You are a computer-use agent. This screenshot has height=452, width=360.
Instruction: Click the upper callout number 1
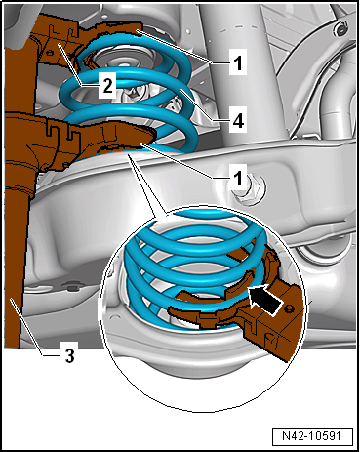click(238, 62)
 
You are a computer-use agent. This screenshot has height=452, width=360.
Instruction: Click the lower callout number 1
click(238, 178)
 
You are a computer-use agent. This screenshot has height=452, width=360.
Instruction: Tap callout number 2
click(107, 86)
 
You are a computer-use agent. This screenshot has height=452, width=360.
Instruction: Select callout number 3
click(69, 355)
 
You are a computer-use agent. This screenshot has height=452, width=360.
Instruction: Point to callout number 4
click(238, 121)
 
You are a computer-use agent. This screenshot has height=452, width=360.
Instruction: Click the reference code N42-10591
click(312, 436)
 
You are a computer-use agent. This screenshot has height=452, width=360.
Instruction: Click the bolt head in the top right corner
click(340, 30)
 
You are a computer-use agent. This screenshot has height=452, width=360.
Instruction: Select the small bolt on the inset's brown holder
click(287, 308)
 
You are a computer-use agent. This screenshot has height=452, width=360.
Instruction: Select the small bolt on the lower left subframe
click(72, 286)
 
